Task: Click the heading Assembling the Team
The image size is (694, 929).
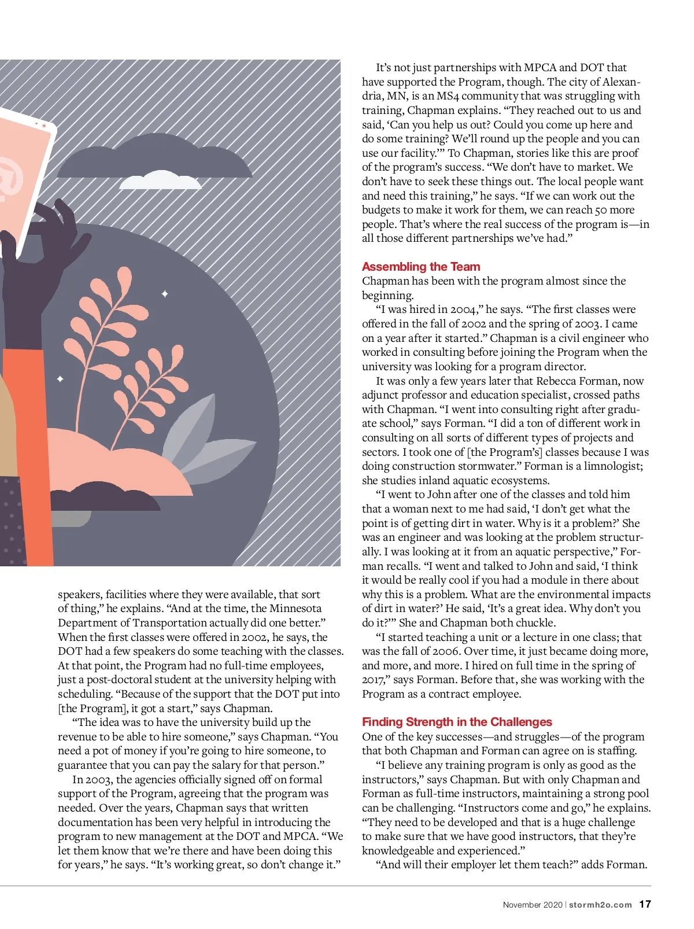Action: pos(420,267)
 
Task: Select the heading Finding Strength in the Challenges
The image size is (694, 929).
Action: pos(456,722)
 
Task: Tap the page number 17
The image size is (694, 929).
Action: pos(645,904)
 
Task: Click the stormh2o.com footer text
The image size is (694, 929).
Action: pos(600,905)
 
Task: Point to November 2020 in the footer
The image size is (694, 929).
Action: pos(532,905)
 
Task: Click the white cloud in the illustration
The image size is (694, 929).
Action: pos(160,181)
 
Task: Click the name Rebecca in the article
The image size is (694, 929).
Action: pos(558,381)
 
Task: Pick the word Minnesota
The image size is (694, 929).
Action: pos(295,609)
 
